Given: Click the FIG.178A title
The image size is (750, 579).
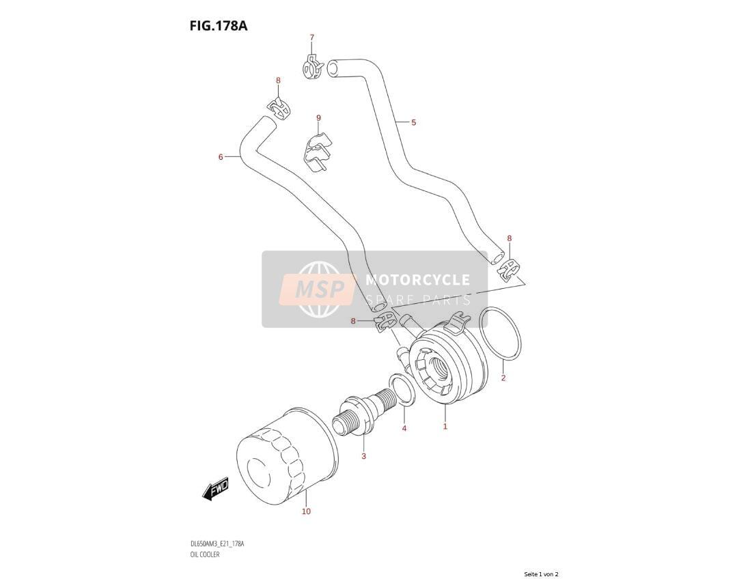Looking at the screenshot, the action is click(x=218, y=25).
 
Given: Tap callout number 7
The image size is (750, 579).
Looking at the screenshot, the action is click(x=312, y=38).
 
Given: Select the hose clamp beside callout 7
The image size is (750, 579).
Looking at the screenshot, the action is click(x=313, y=67).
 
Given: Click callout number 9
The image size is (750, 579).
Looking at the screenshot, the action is click(x=318, y=118).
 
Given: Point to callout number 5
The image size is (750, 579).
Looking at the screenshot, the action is click(x=414, y=122).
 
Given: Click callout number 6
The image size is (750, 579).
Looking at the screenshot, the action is click(x=221, y=157).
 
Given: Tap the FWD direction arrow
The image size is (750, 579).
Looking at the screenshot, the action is click(x=216, y=488).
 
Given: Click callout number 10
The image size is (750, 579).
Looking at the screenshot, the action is click(x=306, y=511).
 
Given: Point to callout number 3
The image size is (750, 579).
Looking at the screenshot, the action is click(x=363, y=457).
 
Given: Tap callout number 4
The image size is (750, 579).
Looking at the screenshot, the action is click(x=404, y=428).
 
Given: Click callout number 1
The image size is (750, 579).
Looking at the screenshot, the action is click(x=445, y=427).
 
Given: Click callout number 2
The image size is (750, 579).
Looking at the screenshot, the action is click(x=503, y=378).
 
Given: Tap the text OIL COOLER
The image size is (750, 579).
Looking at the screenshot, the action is click(x=205, y=554).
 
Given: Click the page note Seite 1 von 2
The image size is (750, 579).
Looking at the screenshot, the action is click(x=541, y=574).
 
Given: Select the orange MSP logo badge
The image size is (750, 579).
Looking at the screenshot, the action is click(x=318, y=289).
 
